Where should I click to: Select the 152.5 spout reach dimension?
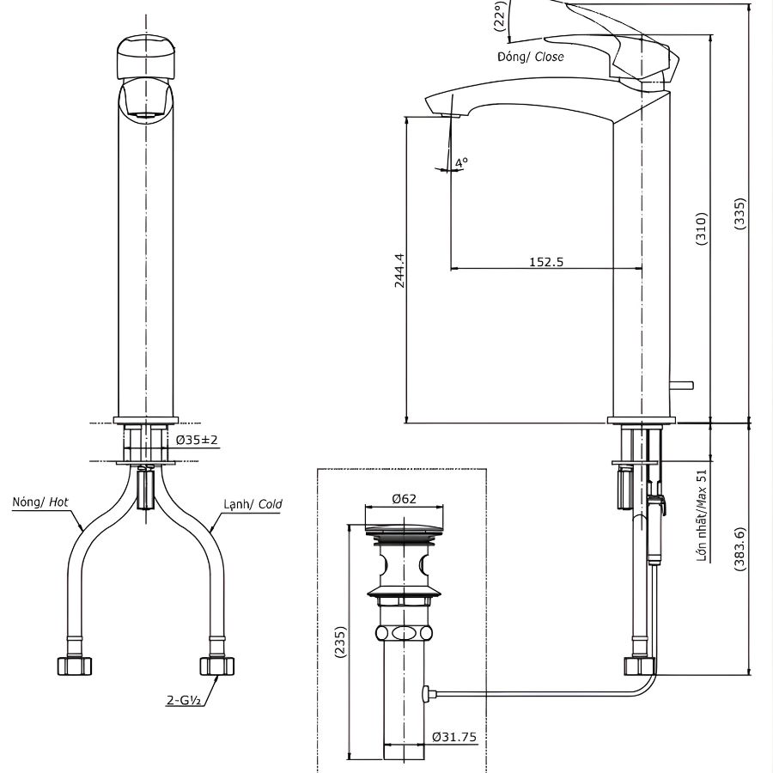(546, 262)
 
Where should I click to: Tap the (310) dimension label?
(701, 229)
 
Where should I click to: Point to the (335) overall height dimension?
(740, 214)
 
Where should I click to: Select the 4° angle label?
(461, 161)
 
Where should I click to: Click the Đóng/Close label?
(530, 57)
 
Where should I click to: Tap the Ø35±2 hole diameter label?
(198, 440)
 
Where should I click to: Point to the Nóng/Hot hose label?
(40, 502)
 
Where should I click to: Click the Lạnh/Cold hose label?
(253, 504)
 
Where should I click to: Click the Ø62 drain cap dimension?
(404, 498)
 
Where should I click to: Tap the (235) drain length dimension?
(340, 642)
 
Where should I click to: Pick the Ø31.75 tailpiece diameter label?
(454, 736)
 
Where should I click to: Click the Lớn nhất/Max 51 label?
(702, 516)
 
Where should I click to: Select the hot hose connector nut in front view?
(72, 665)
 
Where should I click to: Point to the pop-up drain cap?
(404, 533)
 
